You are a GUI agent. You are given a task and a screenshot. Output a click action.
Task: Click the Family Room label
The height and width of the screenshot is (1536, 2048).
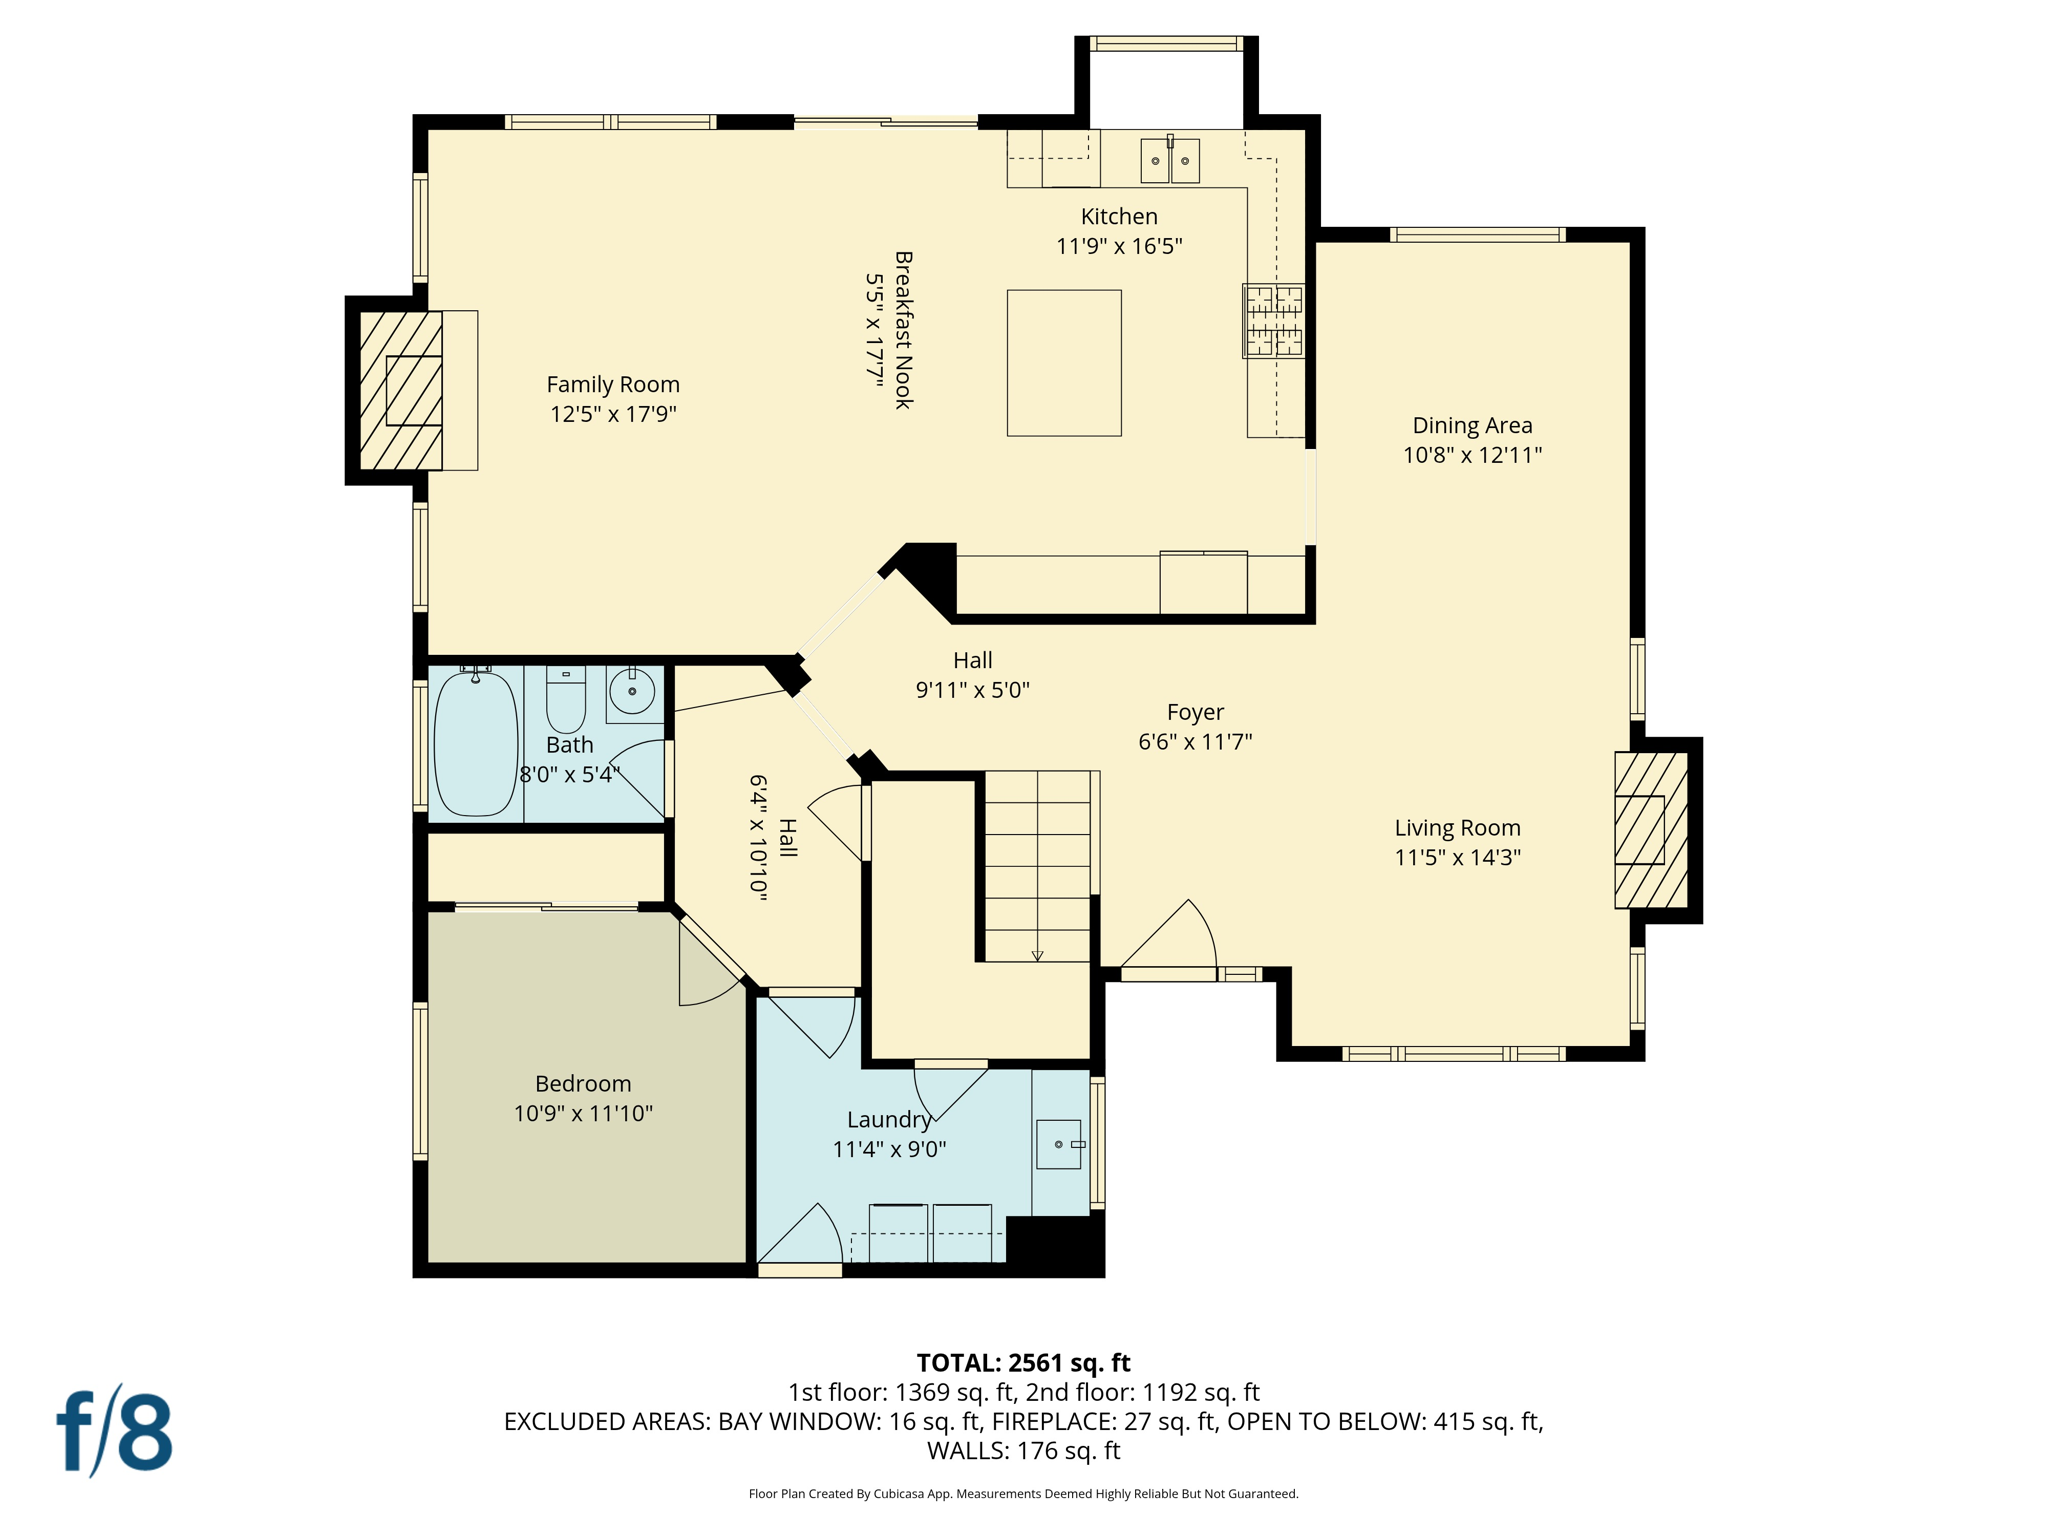pyautogui.click(x=612, y=385)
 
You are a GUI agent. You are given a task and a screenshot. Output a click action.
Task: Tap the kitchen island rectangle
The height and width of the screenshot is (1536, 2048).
pyautogui.click(x=1063, y=363)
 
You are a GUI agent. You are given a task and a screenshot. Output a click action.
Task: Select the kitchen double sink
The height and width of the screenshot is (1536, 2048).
pyautogui.click(x=1169, y=161)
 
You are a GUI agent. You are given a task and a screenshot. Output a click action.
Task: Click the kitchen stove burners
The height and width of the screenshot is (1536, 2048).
pyautogui.click(x=1273, y=321)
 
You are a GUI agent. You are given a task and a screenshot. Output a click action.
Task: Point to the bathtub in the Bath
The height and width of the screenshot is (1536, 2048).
pyautogui.click(x=475, y=744)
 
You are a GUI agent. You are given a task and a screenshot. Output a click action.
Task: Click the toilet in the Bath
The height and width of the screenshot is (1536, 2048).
pyautogui.click(x=566, y=701)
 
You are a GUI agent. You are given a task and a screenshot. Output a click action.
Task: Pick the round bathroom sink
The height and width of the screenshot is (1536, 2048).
pyautogui.click(x=632, y=691)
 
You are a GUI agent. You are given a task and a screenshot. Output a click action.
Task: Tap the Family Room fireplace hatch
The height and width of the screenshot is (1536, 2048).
pyautogui.click(x=401, y=390)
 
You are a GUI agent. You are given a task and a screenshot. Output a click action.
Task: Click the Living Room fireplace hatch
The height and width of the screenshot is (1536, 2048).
pyautogui.click(x=1651, y=830)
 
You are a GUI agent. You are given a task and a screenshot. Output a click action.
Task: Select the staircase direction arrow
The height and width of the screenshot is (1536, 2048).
pyautogui.click(x=1037, y=955)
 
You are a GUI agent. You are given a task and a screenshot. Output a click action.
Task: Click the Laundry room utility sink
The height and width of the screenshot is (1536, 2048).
pyautogui.click(x=1059, y=1144)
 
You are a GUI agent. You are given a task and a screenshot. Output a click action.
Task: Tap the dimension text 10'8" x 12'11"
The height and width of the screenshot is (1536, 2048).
pyautogui.click(x=1472, y=455)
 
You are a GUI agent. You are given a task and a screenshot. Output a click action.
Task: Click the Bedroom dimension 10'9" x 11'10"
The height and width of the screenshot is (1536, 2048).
pyautogui.click(x=583, y=1113)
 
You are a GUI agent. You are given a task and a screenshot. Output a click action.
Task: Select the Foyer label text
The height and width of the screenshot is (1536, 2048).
pyautogui.click(x=1195, y=712)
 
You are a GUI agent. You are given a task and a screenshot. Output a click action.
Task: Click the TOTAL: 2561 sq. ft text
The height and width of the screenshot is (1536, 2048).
pyautogui.click(x=1023, y=1363)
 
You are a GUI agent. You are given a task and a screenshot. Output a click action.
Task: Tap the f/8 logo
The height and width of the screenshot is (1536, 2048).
pyautogui.click(x=114, y=1432)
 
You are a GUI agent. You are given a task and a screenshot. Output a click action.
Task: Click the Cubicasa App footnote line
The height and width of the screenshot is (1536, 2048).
pyautogui.click(x=1023, y=1494)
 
